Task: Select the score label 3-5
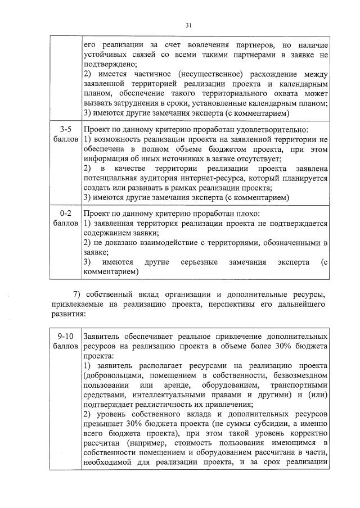point(64,129)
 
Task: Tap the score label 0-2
point(64,214)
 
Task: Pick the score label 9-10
point(64,335)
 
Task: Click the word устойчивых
point(107,55)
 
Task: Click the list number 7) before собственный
point(79,294)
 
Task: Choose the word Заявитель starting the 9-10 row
point(102,335)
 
